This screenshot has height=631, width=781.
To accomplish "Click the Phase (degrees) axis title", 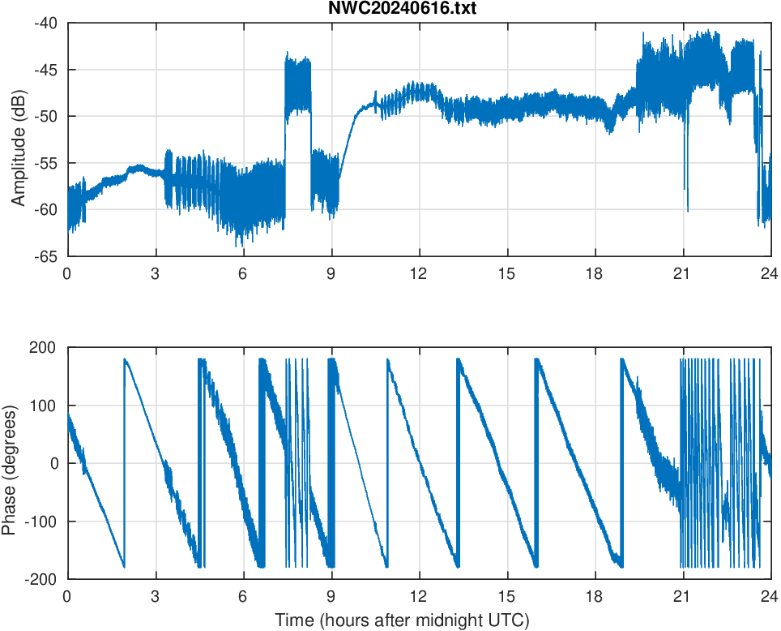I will tap(10, 463).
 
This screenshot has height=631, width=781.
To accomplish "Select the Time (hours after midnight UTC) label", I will tap(402, 620).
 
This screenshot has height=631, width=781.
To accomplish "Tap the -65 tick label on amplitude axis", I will tap(45, 256).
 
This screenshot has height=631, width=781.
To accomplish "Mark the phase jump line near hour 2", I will tap(124, 462).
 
